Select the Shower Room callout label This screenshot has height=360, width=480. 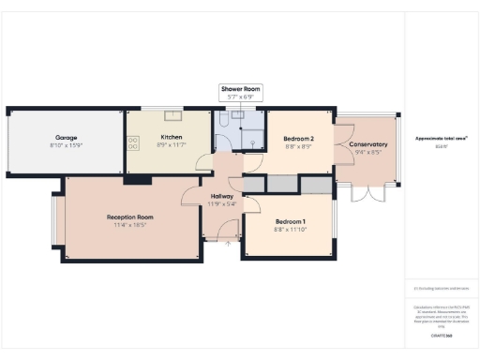(240, 88)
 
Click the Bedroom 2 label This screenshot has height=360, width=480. (298, 139)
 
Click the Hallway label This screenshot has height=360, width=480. (222, 196)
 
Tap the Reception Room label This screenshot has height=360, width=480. (129, 217)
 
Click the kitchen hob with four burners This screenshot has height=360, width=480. (133, 142)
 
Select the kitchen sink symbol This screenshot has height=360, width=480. (172, 116)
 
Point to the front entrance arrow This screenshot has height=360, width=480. (226, 246)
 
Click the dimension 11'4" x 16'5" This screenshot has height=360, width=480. (129, 226)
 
